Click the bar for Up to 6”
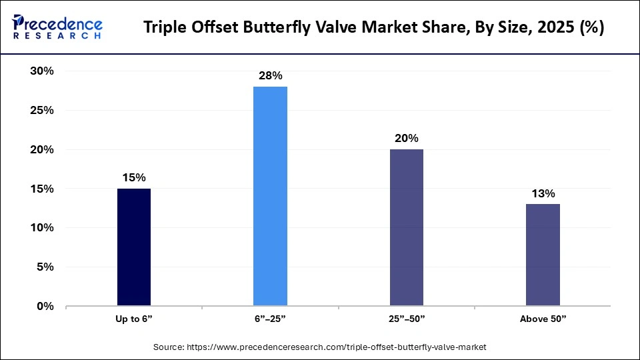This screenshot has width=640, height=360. (134, 247)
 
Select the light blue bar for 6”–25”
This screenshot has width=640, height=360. (270, 197)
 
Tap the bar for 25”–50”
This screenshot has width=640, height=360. (407, 228)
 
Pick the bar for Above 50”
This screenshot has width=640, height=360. (543, 255)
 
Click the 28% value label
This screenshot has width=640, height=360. (270, 75)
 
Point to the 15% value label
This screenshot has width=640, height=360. (134, 177)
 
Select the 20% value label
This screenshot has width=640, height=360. (407, 138)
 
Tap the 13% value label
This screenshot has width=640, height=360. (543, 193)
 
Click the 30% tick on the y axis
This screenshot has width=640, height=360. (41, 71)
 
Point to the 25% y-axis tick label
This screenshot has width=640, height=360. (41, 111)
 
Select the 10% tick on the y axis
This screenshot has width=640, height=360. (41, 228)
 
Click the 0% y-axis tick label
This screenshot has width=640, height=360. (45, 307)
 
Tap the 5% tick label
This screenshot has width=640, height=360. (45, 267)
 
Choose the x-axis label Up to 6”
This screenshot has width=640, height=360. (134, 319)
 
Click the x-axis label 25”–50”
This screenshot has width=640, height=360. (407, 319)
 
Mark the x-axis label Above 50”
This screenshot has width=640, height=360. (543, 319)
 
